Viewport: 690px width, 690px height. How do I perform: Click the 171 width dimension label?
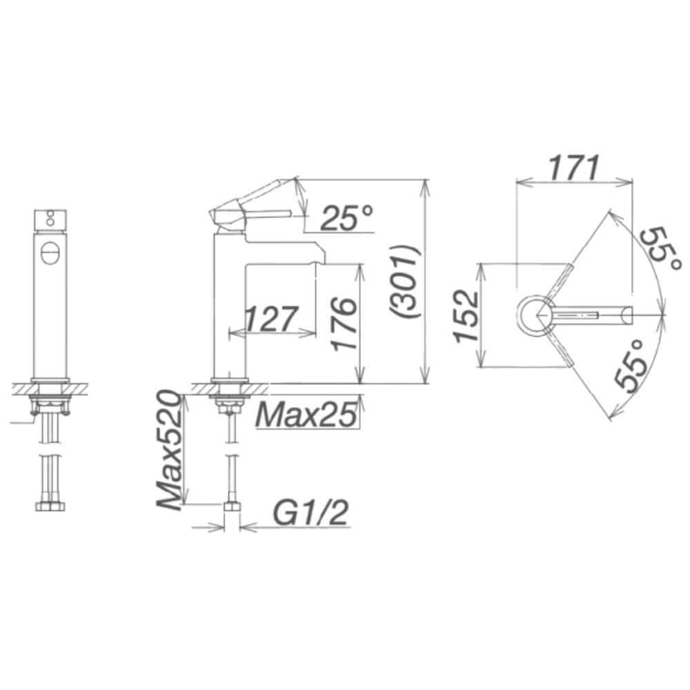[x=573, y=168]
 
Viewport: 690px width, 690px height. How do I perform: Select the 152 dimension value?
[x=466, y=316]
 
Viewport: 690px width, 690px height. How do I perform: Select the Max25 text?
[x=306, y=414]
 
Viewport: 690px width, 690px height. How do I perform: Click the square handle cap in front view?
[x=50, y=219]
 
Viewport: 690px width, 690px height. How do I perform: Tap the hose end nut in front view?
[x=50, y=506]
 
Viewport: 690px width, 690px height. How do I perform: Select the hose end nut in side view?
[x=233, y=506]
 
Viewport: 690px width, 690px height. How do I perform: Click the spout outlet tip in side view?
[x=319, y=259]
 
